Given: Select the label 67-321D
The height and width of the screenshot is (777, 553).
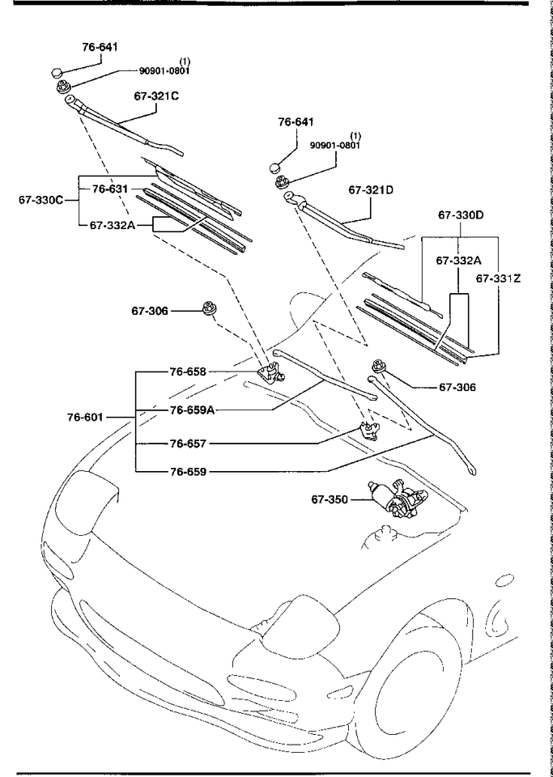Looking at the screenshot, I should tap(371, 190).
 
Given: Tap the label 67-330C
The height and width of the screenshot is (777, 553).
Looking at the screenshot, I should tap(40, 199).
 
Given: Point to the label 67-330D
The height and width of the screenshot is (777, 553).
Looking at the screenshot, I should tap(461, 215).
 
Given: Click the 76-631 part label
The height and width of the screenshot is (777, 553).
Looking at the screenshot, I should tap(110, 189).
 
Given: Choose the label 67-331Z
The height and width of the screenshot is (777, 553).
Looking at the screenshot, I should tap(498, 278).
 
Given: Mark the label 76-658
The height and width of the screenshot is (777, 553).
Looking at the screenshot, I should tap(189, 372).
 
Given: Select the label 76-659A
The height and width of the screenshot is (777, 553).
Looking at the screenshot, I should tap(192, 410).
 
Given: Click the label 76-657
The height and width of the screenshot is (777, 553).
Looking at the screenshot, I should tap(189, 444).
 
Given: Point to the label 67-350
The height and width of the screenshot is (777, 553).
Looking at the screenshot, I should tap(330, 499).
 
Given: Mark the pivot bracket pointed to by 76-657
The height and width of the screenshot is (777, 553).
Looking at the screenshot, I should tap(369, 429).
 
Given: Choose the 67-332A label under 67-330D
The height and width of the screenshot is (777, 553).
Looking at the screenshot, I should tap(458, 261).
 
